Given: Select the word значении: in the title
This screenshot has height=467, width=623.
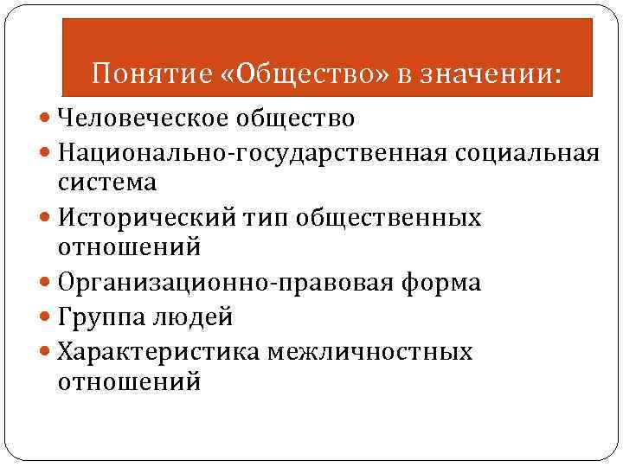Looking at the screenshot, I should (x=489, y=75).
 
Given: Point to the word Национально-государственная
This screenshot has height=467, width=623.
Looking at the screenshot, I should (x=251, y=154).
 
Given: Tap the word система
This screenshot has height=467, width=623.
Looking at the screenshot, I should (x=107, y=182).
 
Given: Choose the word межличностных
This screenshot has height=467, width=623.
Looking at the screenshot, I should (x=370, y=352).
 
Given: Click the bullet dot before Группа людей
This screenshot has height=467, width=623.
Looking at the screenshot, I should (x=46, y=318).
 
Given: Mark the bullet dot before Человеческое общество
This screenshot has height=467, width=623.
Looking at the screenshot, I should (x=46, y=117).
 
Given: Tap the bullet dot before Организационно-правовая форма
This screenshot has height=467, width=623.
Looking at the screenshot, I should (x=46, y=284).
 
